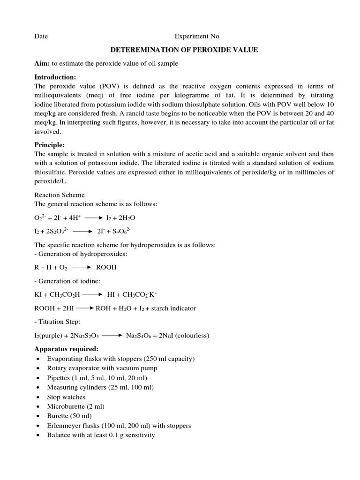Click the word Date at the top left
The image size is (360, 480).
(x=41, y=36)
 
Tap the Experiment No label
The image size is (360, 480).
(x=197, y=36)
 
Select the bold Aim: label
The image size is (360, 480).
(x=43, y=63)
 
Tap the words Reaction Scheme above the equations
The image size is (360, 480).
(x=59, y=195)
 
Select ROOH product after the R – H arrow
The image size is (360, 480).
(x=106, y=268)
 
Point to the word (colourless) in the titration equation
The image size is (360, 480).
(x=190, y=336)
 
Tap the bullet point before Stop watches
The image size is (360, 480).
(x=38, y=397)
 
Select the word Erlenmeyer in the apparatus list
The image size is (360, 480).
(x=65, y=426)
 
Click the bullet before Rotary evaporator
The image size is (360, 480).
(x=38, y=368)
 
